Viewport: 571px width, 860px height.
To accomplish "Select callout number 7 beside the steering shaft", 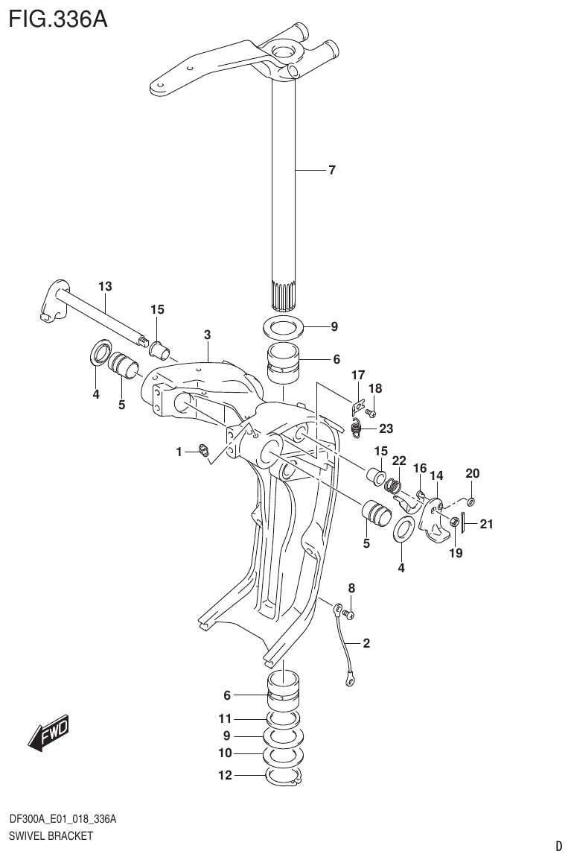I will pos(331,170).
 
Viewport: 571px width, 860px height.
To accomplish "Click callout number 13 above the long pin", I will pos(104,286).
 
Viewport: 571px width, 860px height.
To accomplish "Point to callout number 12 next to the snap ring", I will pos(225,775).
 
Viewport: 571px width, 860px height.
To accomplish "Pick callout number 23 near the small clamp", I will pos(386,428).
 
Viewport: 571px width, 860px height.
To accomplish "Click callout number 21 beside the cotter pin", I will pos(486,524).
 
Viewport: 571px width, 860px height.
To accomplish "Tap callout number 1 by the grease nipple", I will pos(179,451).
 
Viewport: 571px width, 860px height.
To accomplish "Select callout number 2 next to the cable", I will pos(366,642).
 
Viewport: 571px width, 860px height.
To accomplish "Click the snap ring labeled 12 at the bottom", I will pos(284,777).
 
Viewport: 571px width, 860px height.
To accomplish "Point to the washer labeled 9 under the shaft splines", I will pos(283,326).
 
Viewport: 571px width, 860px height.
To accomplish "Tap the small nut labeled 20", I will pos(470,500).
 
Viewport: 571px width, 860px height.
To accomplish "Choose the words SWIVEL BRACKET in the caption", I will pos(51,835).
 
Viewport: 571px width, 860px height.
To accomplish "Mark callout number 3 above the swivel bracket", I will pos(208,335).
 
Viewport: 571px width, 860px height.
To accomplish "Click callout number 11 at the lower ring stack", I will pos(225,718).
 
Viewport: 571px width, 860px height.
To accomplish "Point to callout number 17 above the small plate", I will pos(358,375).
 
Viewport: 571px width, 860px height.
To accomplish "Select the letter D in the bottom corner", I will pos(558,846).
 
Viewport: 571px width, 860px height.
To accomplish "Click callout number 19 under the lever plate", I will pos(456,553).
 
